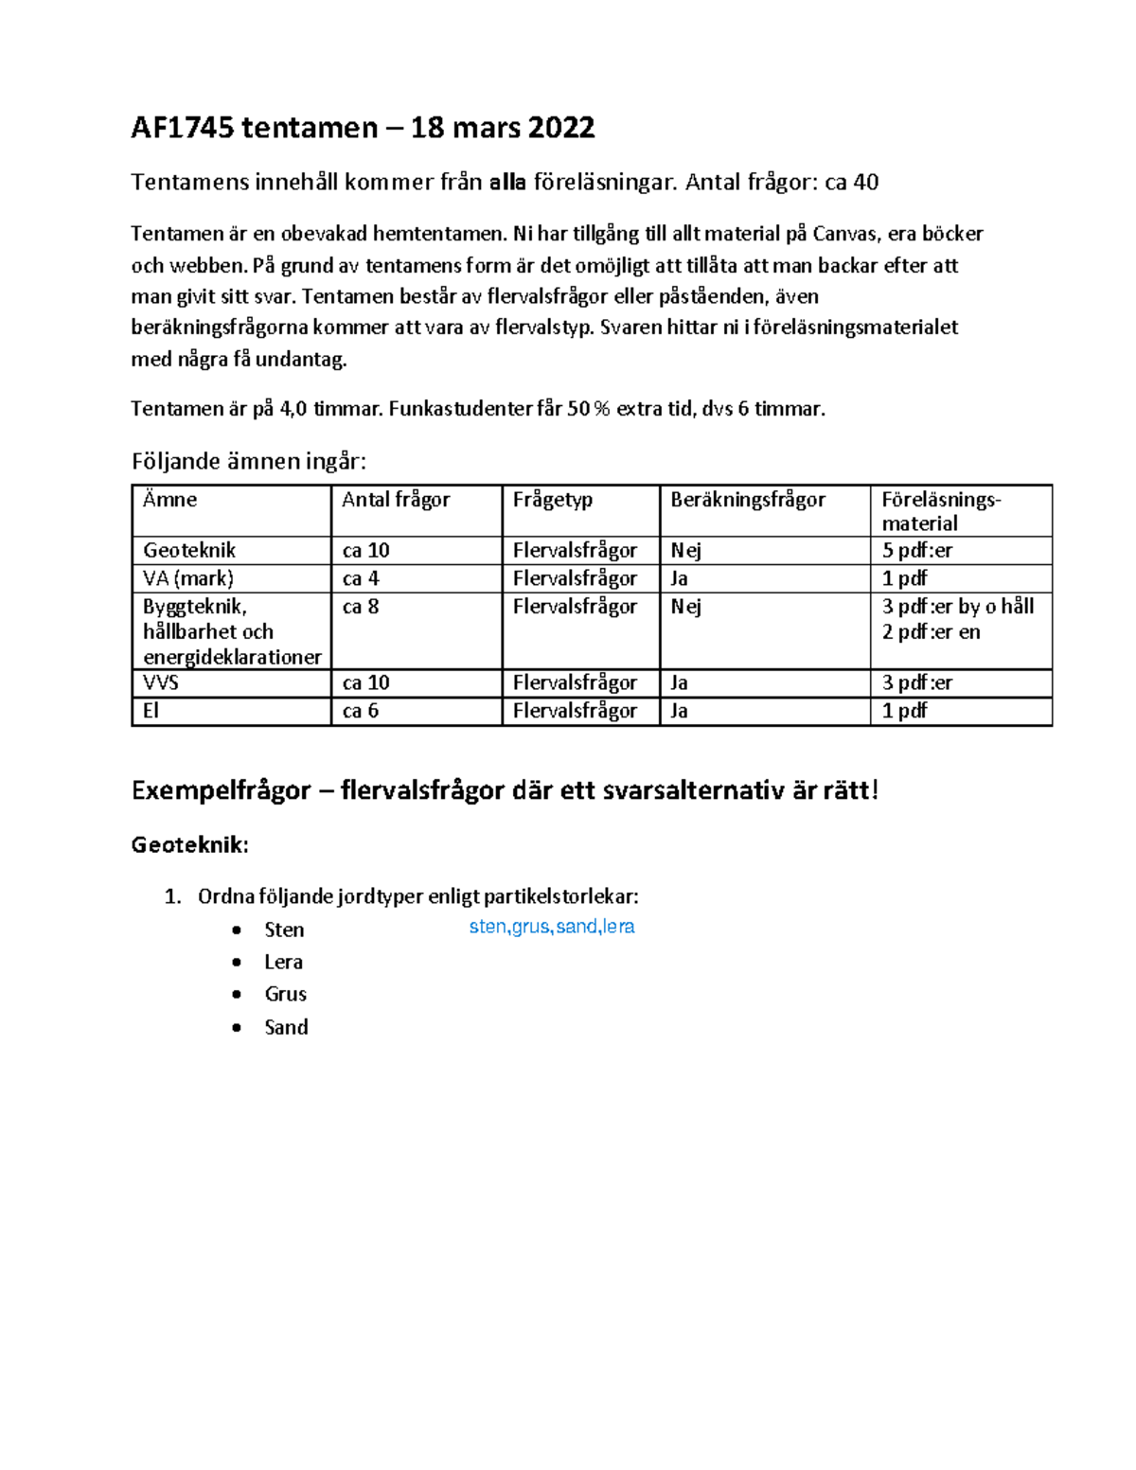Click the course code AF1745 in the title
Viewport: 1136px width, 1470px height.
click(182, 128)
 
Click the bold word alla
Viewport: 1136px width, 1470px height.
click(507, 182)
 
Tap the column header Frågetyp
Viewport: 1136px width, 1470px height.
click(552, 500)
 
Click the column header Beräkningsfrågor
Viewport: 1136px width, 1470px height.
click(748, 500)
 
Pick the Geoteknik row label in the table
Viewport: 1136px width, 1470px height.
click(189, 550)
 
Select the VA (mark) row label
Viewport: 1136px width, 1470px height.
click(187, 578)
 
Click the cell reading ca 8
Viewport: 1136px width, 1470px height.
click(361, 607)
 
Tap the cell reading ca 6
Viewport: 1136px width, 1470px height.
click(361, 711)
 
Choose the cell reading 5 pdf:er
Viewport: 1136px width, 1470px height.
click(916, 550)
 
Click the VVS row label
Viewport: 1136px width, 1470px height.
click(161, 682)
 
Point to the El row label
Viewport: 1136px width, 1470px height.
click(151, 711)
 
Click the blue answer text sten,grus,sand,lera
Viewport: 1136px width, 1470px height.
click(551, 927)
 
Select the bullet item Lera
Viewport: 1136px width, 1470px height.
click(283, 962)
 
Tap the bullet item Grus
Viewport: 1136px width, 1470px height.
click(285, 994)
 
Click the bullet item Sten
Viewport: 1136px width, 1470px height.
click(284, 930)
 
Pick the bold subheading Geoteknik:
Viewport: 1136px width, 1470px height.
click(189, 845)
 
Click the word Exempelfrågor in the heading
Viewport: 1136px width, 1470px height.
click(221, 790)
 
